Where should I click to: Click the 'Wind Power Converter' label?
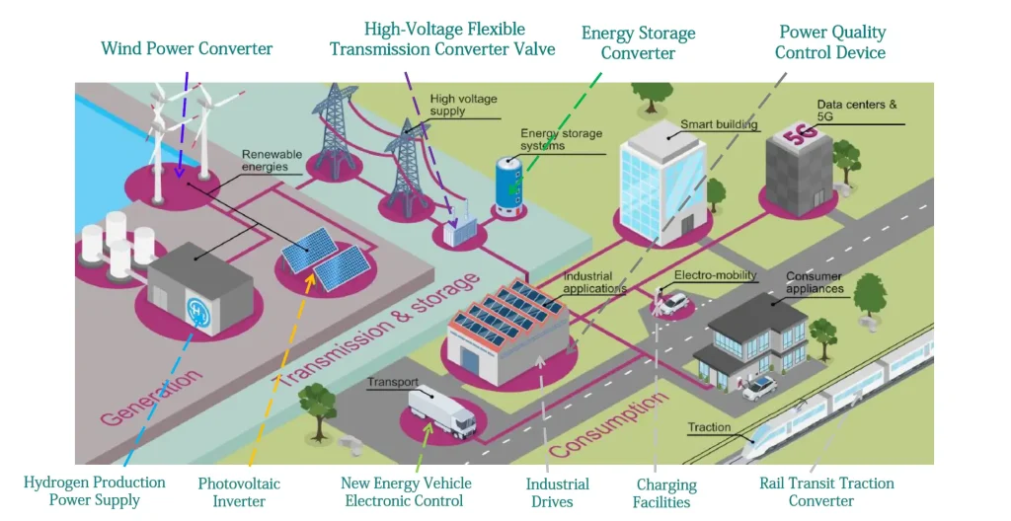(187, 48)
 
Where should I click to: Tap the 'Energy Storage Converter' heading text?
(638, 42)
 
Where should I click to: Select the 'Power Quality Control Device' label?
(830, 42)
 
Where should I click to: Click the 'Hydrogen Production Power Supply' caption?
(95, 490)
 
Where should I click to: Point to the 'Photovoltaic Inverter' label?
(239, 491)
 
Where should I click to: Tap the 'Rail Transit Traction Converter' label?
(826, 491)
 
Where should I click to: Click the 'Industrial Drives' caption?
(557, 491)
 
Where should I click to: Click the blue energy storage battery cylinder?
(508, 185)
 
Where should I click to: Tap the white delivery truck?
(441, 409)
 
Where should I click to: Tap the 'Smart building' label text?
(719, 125)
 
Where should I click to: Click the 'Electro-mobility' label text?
(715, 276)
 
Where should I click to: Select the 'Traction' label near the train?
(709, 427)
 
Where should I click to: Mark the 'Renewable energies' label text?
(265, 161)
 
